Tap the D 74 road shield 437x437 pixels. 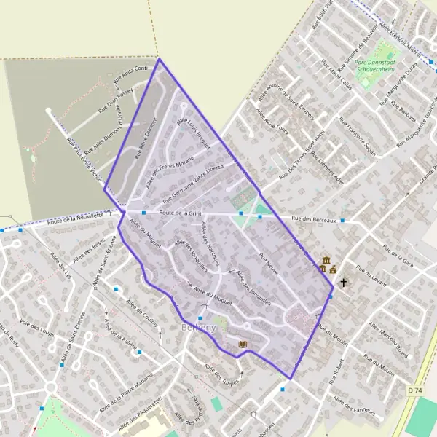(x=415, y=391)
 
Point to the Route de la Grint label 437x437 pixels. (x=180, y=213)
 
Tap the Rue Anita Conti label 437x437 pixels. (x=130, y=73)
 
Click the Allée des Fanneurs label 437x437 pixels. (x=356, y=408)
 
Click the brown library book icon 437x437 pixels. (x=243, y=343)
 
